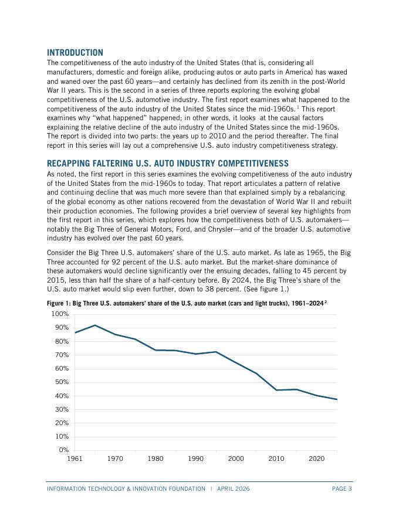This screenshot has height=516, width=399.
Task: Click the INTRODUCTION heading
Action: (x=75, y=53)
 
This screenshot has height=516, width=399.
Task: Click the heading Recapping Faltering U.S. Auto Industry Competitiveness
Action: (x=167, y=164)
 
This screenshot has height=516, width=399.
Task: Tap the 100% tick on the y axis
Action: (x=60, y=314)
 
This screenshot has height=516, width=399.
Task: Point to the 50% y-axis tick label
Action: (x=61, y=382)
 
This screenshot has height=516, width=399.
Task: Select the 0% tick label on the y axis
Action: (x=63, y=450)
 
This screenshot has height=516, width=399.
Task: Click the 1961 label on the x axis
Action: (x=75, y=459)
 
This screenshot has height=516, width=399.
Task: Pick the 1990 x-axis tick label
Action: (x=196, y=459)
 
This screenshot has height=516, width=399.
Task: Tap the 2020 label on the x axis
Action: (x=317, y=459)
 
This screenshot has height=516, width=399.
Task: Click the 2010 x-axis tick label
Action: (x=276, y=459)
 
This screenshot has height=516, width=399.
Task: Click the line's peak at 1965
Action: (x=95, y=325)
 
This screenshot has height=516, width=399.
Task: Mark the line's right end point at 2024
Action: (x=337, y=399)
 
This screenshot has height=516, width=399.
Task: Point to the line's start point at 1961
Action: (x=75, y=332)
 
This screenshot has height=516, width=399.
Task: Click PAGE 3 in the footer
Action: (x=341, y=488)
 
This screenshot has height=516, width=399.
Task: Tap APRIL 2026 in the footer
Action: (x=233, y=488)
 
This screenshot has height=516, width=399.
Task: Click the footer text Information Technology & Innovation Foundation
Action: (x=126, y=488)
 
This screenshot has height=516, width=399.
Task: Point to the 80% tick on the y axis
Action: (x=61, y=341)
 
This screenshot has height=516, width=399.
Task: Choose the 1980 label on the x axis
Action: (x=155, y=459)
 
